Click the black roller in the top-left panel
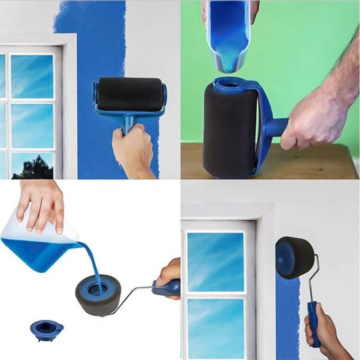tap(130, 94)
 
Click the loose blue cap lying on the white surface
tap(47, 329)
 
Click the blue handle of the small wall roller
tap(314, 323)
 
